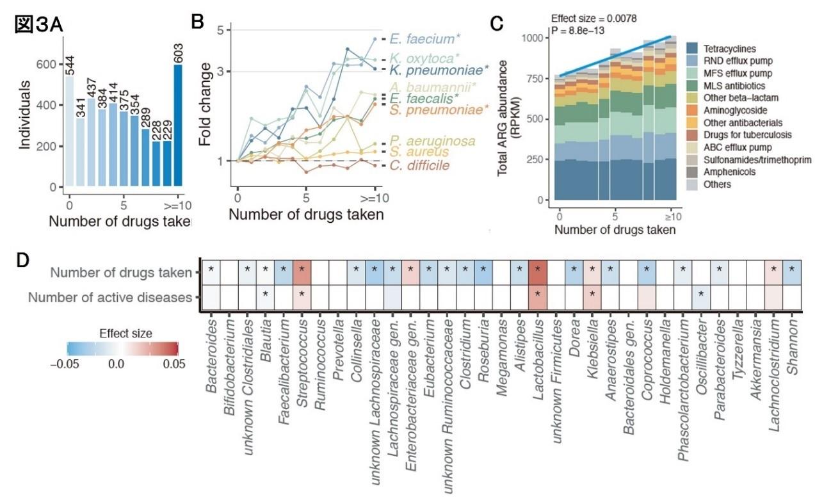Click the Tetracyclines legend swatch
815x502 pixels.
(x=692, y=48)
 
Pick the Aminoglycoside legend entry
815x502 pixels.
(x=737, y=110)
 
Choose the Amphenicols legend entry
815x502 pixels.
(x=729, y=172)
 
